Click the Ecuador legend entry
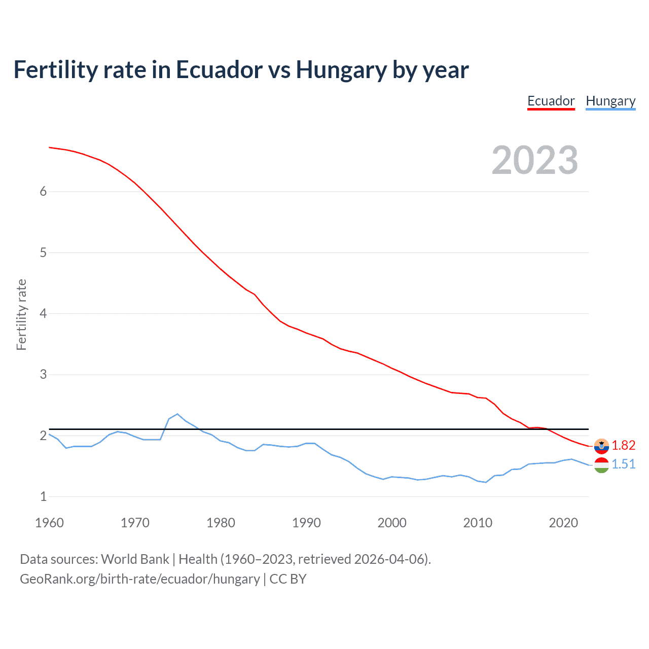551,101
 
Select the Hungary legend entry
610,101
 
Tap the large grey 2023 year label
535,160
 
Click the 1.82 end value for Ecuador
623,445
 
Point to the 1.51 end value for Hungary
623,464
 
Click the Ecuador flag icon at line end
601,446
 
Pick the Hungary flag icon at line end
601,465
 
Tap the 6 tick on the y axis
43,191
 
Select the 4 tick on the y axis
43,313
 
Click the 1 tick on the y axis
43,496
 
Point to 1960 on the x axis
49,523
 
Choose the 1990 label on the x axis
306,523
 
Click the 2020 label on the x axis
563,523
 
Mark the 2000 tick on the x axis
392,523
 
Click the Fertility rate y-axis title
21,314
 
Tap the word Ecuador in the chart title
219,69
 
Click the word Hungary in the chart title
341,69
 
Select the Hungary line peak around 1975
177,414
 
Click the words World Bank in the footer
135,559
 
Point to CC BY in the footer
288,579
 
